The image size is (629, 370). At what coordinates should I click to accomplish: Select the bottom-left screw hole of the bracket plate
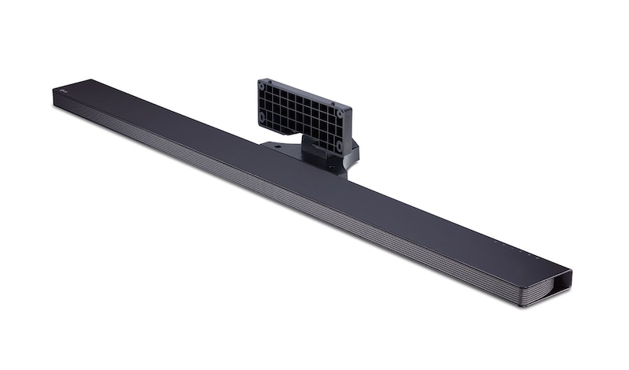click(x=262, y=118)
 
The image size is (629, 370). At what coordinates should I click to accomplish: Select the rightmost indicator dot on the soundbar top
click(x=538, y=257)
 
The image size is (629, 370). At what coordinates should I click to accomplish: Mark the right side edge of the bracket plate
click(x=349, y=131)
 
